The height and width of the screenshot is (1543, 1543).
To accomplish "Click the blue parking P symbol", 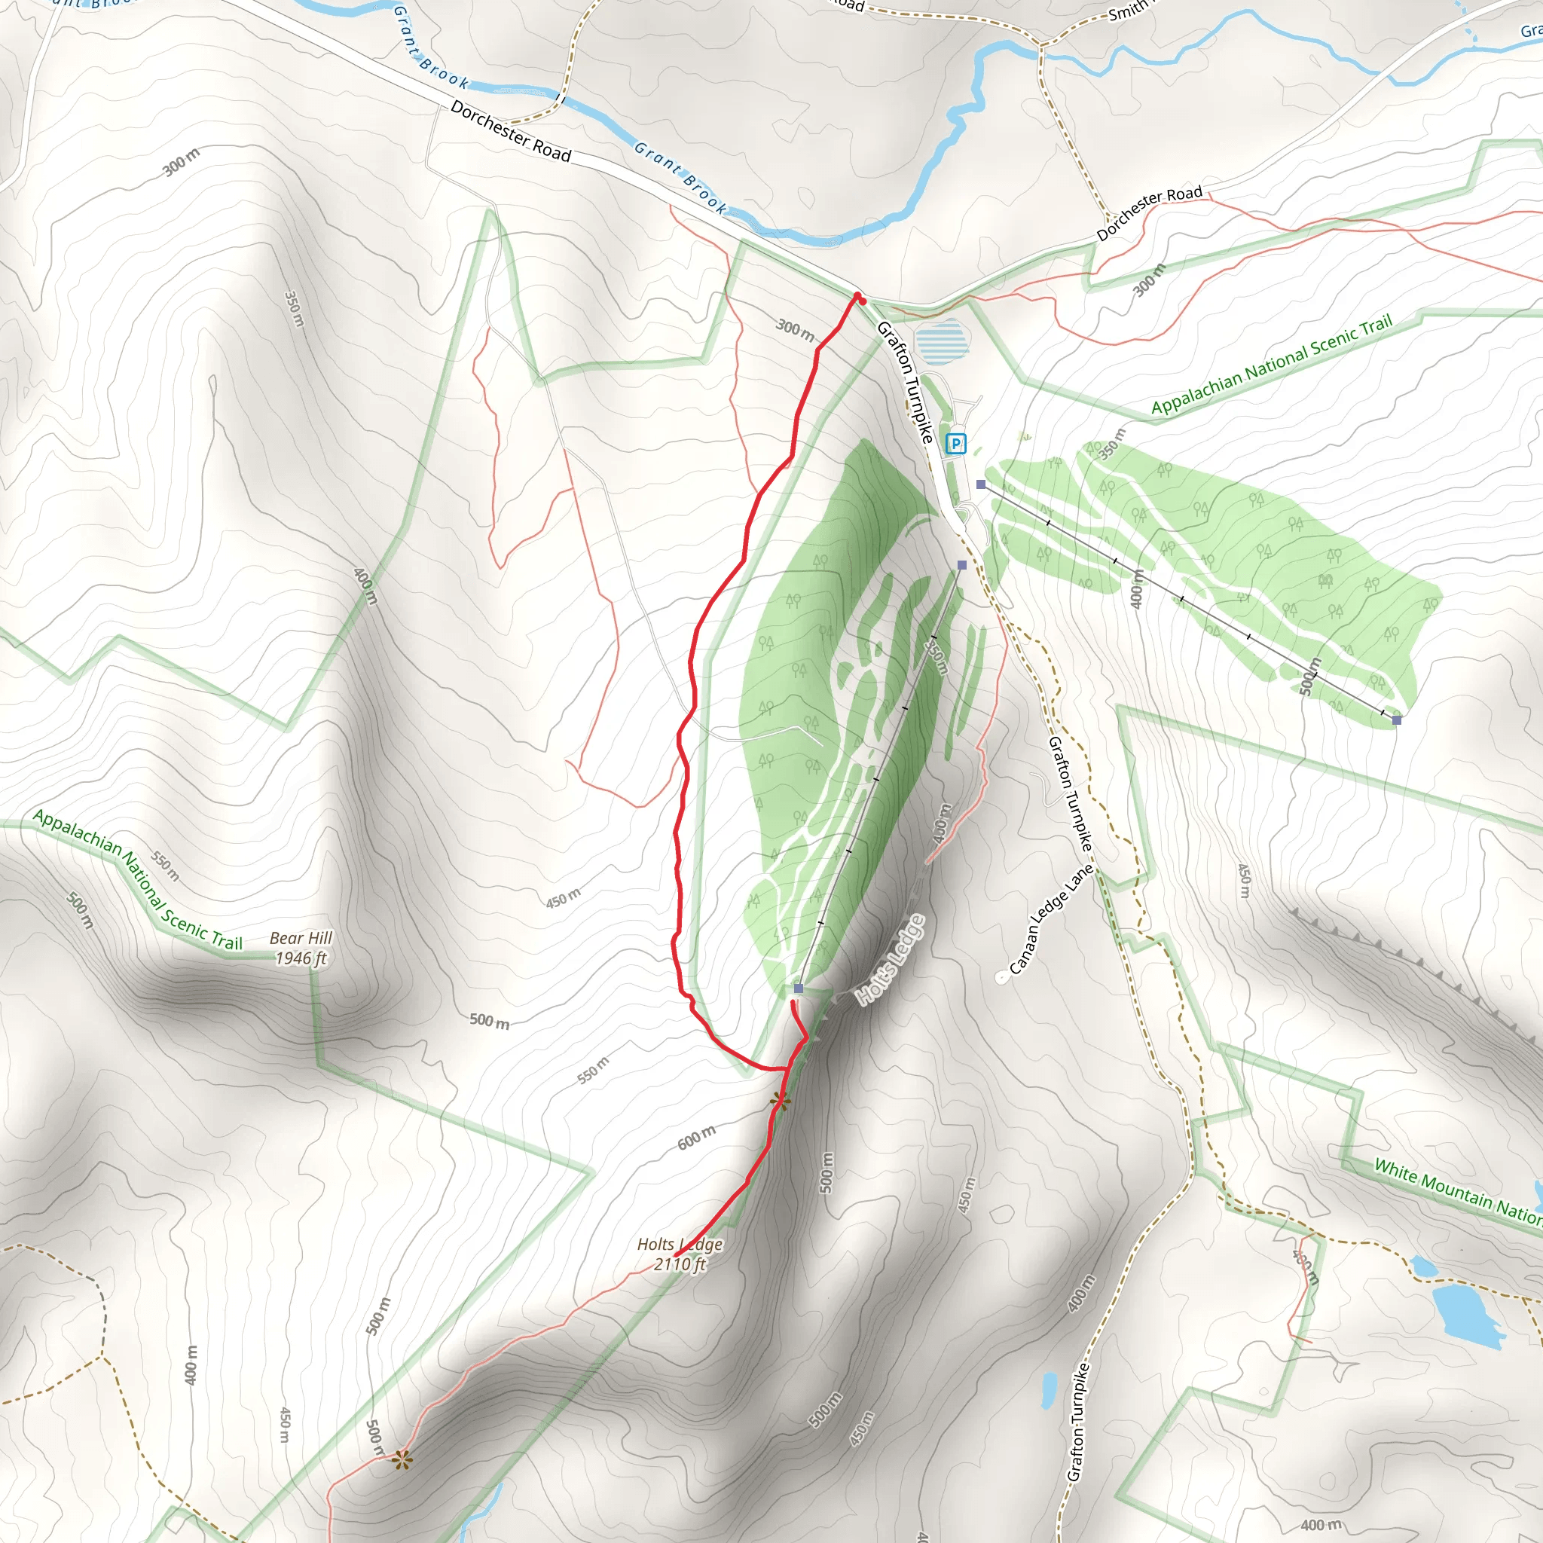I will point(955,443).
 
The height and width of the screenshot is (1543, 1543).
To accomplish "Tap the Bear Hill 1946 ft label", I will point(301,948).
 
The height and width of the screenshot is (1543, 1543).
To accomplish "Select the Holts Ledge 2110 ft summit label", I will point(680,1254).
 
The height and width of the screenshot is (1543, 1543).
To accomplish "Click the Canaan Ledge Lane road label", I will point(1051,918).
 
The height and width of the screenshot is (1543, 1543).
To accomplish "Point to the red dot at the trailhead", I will point(861,300).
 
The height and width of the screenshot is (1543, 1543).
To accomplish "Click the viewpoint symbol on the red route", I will point(781,1102).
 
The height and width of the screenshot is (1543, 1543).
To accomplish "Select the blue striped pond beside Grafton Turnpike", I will point(942,341).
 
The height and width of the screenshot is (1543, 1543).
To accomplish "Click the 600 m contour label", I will point(696,1137).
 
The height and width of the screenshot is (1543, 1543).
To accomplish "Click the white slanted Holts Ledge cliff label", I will point(891,959).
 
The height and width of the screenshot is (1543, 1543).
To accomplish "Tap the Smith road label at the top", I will point(1128,12).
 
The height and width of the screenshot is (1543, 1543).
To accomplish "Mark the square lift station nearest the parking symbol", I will point(981,484).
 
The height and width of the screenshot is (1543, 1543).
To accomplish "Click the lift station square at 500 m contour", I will point(1397,720).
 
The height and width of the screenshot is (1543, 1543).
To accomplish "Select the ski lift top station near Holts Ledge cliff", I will point(798,988).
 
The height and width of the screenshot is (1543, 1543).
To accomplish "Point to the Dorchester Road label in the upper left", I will point(510,131).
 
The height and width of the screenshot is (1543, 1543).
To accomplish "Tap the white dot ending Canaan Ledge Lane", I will point(1001,976).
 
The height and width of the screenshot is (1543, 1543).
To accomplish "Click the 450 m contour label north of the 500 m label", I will point(563,899).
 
